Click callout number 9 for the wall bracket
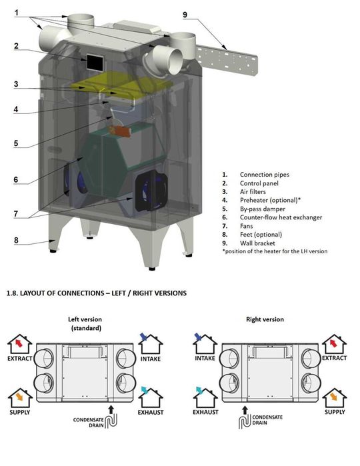tap(185, 15)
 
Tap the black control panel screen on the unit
tap(95, 63)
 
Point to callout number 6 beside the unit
tap(16, 179)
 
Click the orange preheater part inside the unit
tap(120, 131)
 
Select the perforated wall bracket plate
tap(227, 60)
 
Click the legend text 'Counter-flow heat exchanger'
tap(281, 217)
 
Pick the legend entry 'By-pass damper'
tap(263, 209)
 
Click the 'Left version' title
tap(85, 319)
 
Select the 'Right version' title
tap(265, 319)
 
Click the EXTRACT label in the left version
tap(19, 359)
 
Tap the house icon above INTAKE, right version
tap(205, 343)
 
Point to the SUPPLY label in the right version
tap(335, 412)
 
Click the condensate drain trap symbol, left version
tap(111, 421)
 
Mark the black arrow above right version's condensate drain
tap(245, 410)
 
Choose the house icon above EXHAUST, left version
tap(151, 397)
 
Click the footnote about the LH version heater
tap(275, 251)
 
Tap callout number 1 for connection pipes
tap(17, 13)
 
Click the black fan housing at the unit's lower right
tap(151, 191)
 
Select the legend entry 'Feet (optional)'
tap(261, 235)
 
